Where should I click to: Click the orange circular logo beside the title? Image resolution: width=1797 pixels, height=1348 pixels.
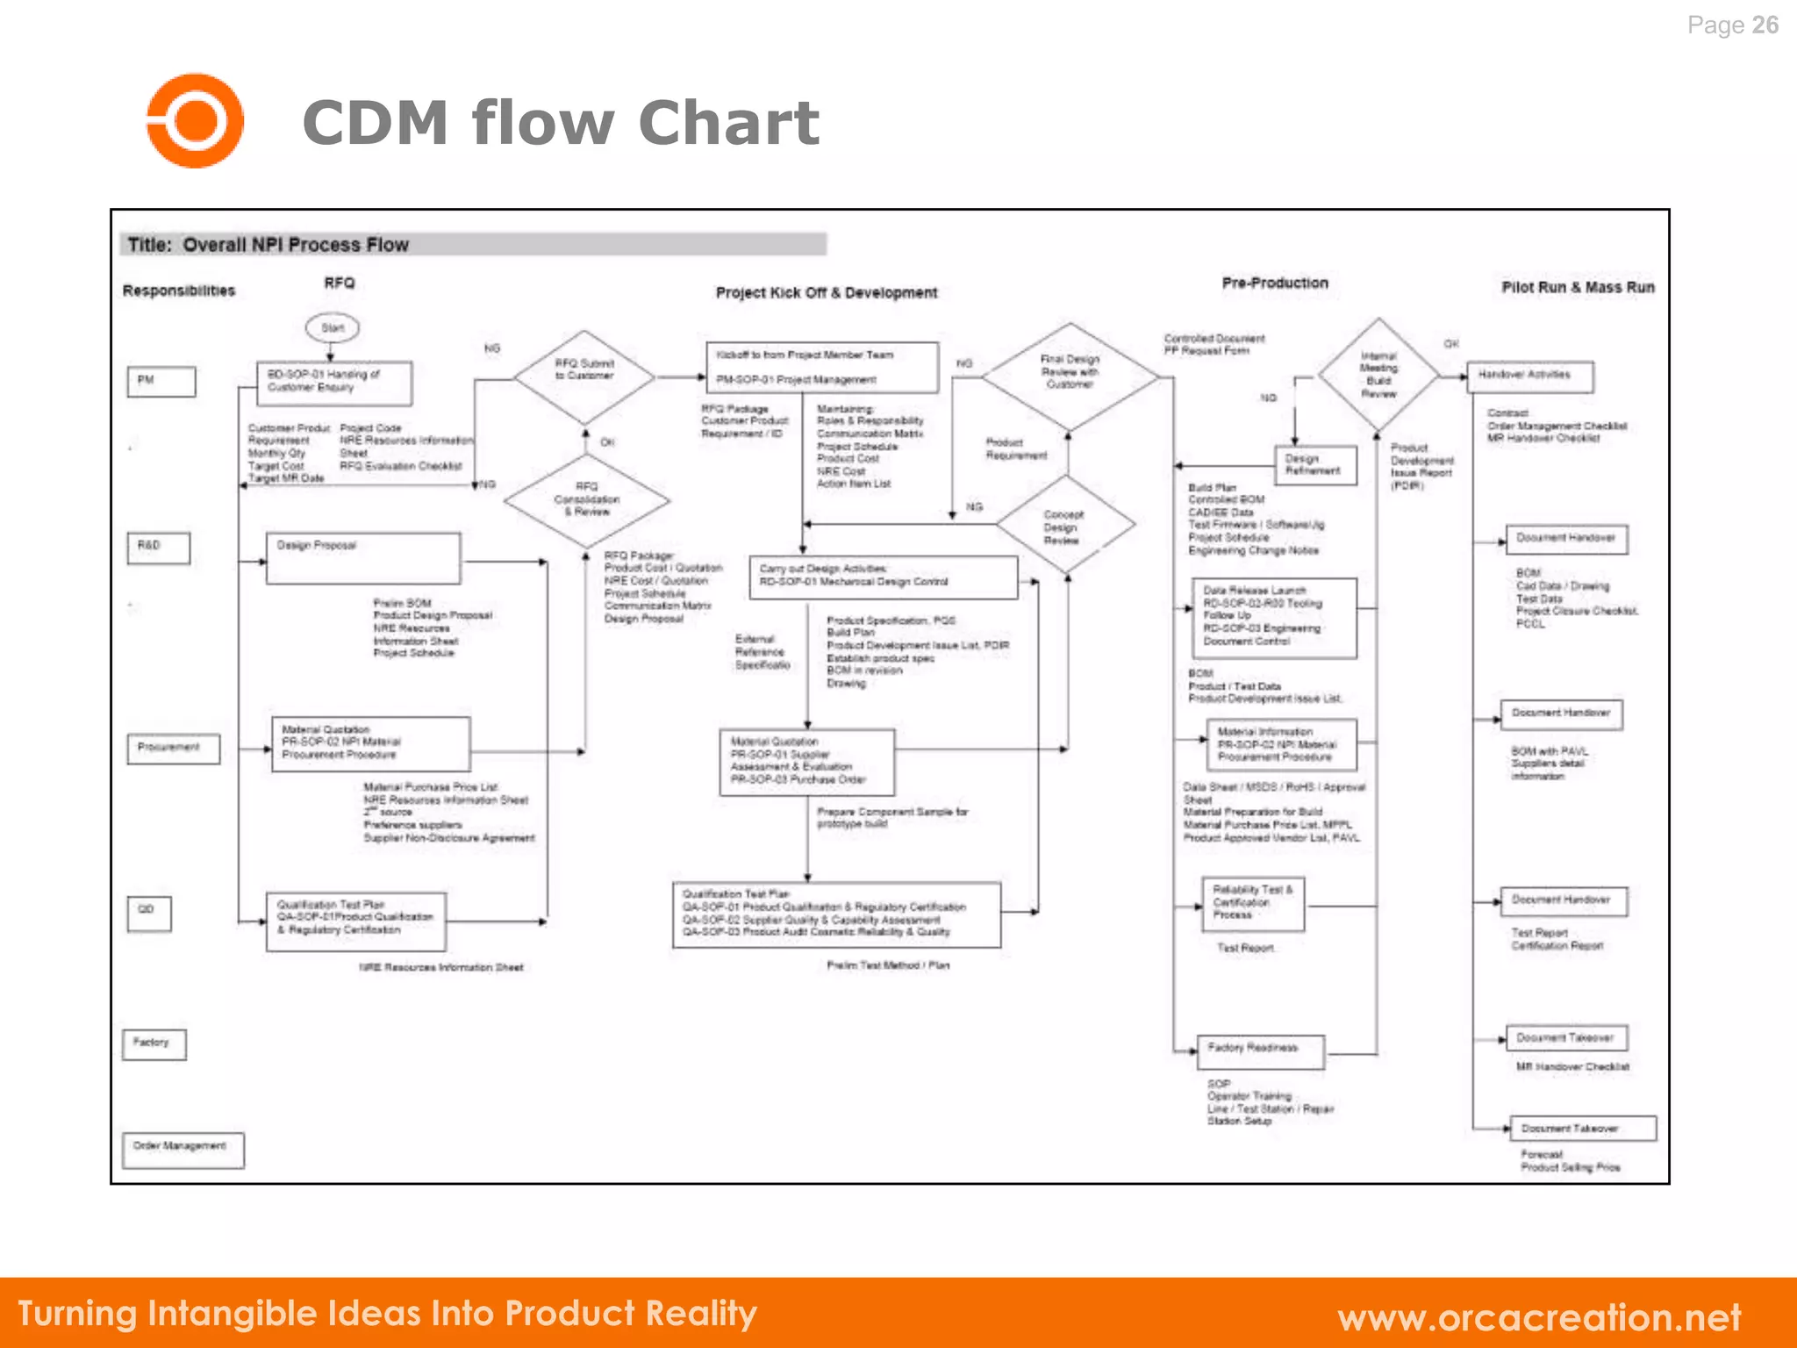(194, 120)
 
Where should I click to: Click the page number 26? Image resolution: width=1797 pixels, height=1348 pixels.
(1765, 25)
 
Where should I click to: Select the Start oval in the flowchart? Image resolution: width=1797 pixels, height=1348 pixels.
(332, 328)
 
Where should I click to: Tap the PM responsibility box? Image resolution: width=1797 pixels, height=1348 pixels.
(161, 381)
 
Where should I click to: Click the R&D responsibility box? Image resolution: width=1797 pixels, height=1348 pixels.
(158, 547)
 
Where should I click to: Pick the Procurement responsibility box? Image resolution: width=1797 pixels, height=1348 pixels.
(173, 748)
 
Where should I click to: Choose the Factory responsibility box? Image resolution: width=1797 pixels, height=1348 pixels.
(154, 1043)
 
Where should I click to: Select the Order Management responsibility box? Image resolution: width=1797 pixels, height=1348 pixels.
(183, 1148)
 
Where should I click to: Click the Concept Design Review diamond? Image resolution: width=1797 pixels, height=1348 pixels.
(1064, 526)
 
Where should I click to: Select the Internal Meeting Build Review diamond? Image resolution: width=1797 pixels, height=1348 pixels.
(1378, 375)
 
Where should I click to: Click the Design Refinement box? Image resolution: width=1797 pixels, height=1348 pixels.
(1314, 465)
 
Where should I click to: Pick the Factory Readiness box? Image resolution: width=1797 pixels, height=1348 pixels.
(1260, 1050)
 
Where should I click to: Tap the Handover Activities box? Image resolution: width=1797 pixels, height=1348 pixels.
(1529, 376)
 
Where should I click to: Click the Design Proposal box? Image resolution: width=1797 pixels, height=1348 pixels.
(362, 557)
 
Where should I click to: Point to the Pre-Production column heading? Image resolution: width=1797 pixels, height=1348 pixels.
(1274, 283)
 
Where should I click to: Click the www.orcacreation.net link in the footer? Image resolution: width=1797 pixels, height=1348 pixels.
(1538, 1317)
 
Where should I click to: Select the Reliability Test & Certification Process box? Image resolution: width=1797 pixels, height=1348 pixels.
(1252, 903)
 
